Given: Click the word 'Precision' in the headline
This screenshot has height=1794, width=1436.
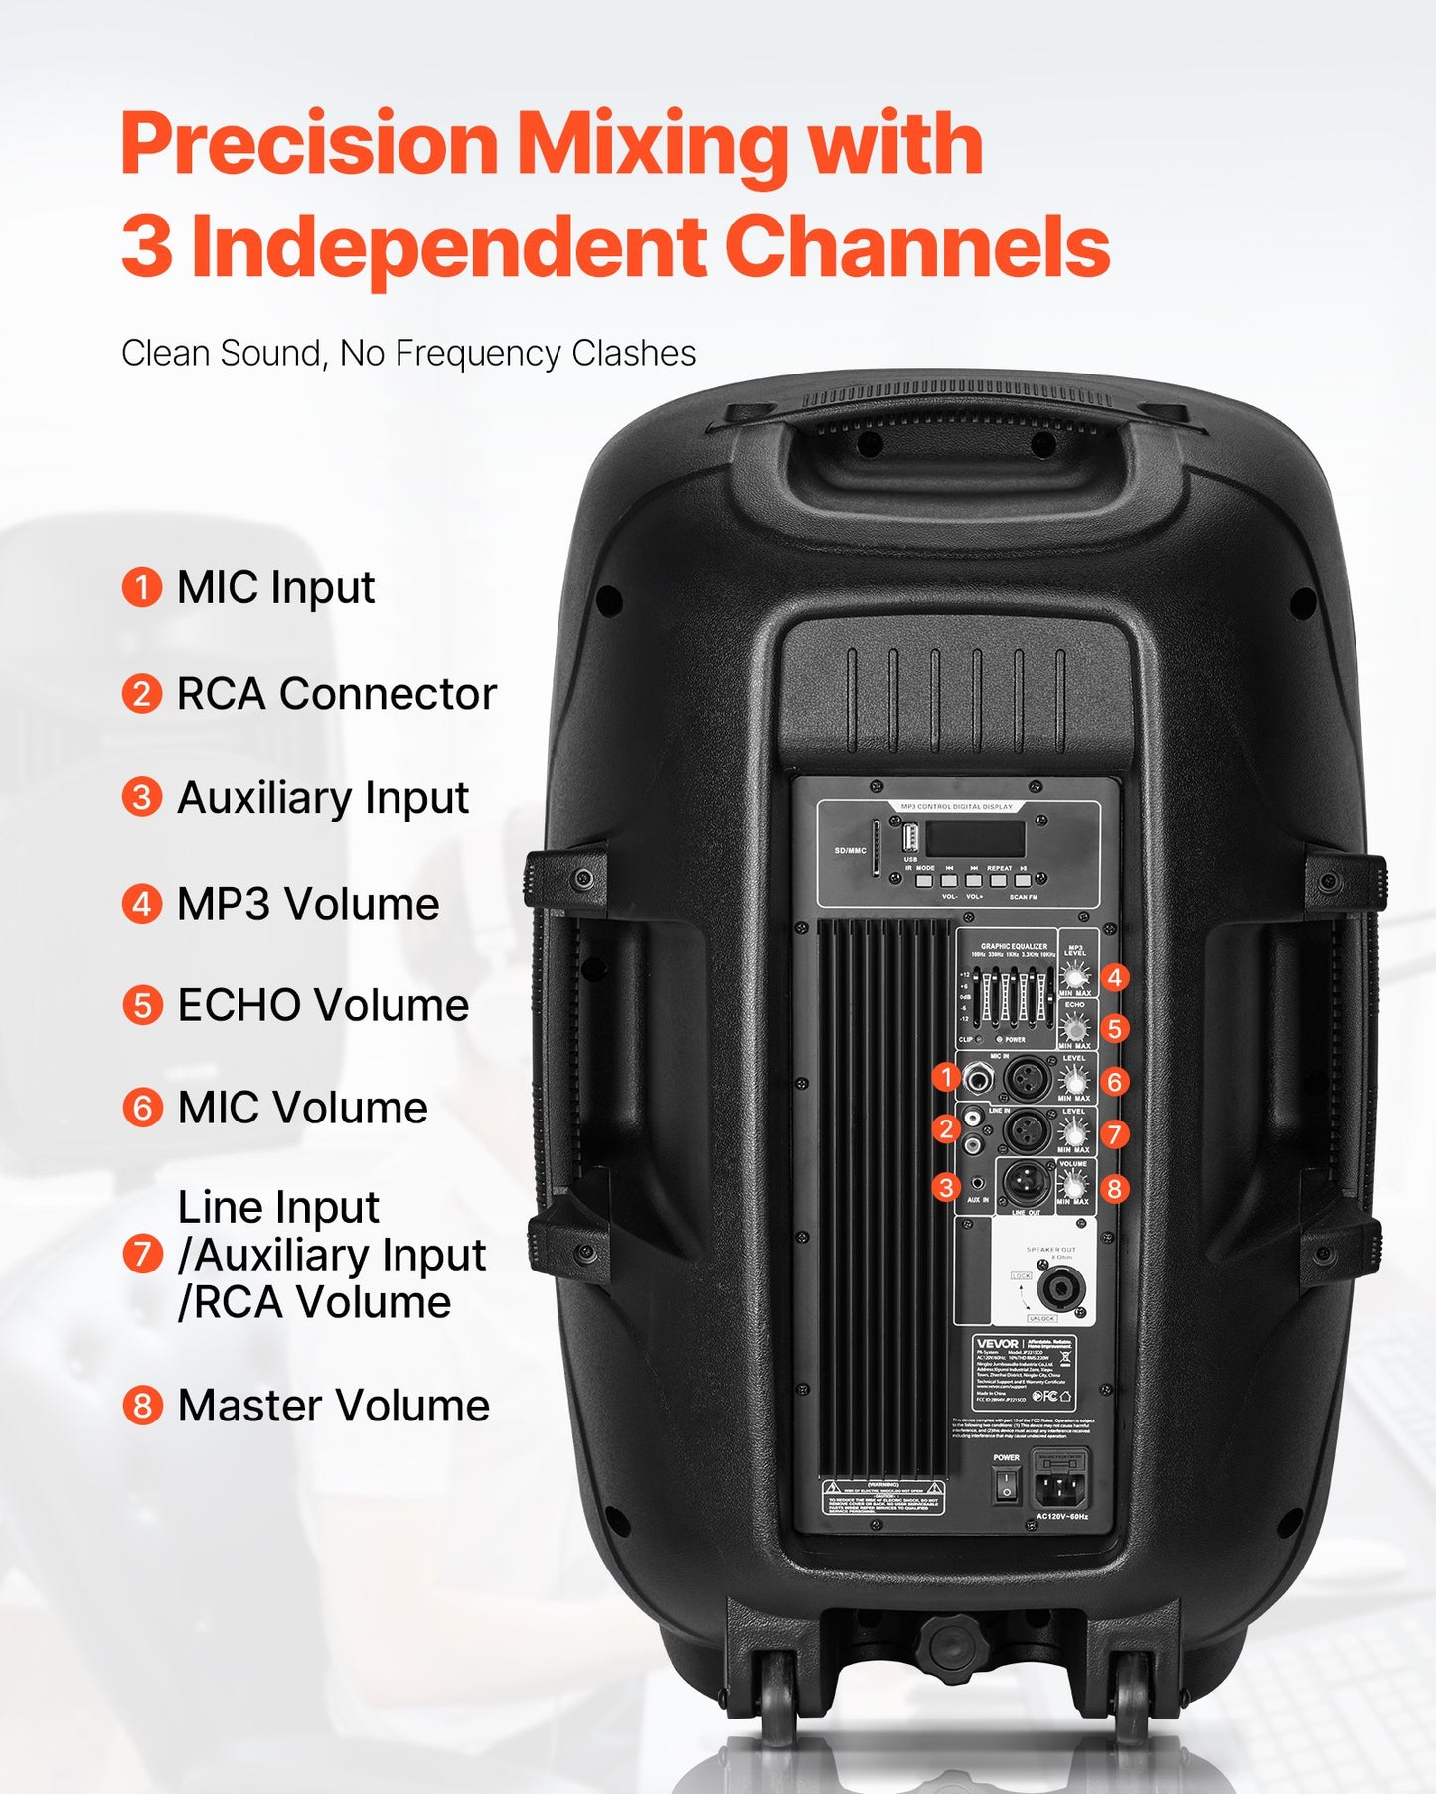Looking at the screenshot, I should coord(309,145).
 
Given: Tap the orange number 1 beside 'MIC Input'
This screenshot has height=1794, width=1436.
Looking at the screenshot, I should coord(142,587).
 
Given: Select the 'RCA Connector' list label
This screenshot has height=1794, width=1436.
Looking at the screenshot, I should coord(336,694).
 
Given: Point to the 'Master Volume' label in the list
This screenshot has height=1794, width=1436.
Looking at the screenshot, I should coord(334,1406).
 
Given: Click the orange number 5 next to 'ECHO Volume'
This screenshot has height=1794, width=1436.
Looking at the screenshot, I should coord(142,1006).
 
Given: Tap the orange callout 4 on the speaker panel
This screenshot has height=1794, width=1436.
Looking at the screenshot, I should coord(1115,978).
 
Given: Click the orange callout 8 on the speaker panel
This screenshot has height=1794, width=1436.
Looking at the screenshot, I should coord(1114,1189).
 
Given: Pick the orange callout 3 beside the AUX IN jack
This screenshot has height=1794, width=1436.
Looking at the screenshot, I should coord(946,1187).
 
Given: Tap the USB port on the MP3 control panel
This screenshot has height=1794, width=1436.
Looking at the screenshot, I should coord(909,834).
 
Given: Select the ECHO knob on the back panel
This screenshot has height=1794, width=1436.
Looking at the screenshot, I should coord(1074,1027).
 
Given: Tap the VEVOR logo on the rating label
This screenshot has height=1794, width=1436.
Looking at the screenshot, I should coord(997,1343).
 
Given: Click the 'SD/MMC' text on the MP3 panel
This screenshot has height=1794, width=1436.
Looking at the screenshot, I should coord(850,851).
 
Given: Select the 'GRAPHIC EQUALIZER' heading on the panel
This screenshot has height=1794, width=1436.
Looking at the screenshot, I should coord(1014,947).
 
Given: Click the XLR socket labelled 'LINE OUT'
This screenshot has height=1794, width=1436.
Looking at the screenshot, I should coord(1026,1182).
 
